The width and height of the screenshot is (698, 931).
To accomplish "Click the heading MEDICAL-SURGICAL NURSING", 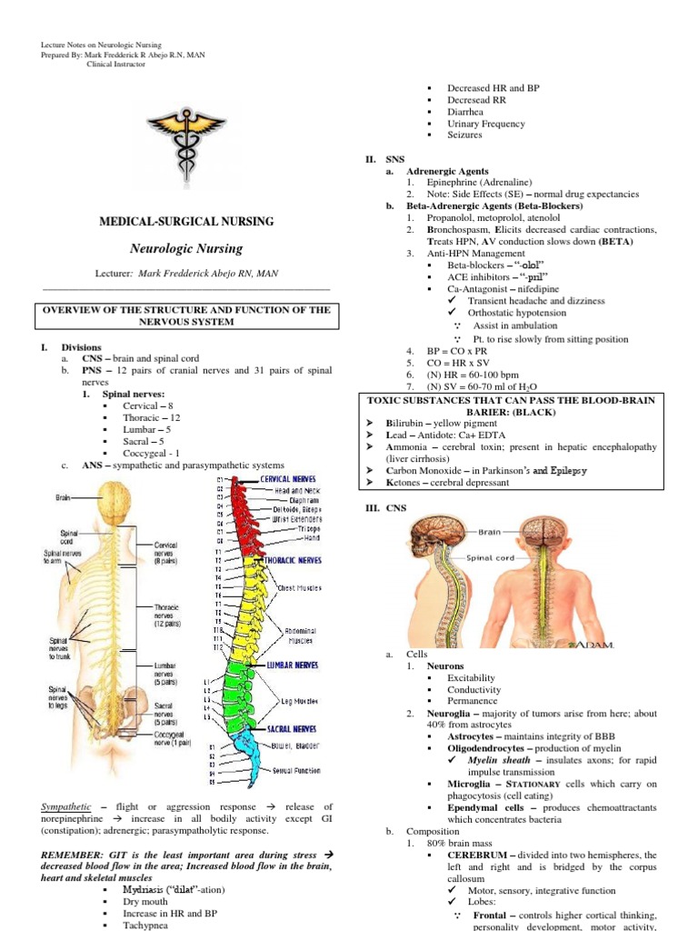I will (185, 222).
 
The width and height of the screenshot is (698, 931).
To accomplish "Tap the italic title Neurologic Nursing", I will (186, 247).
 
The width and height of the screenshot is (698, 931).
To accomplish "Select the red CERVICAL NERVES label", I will (288, 479).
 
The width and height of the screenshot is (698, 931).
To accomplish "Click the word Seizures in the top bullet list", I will (464, 135).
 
